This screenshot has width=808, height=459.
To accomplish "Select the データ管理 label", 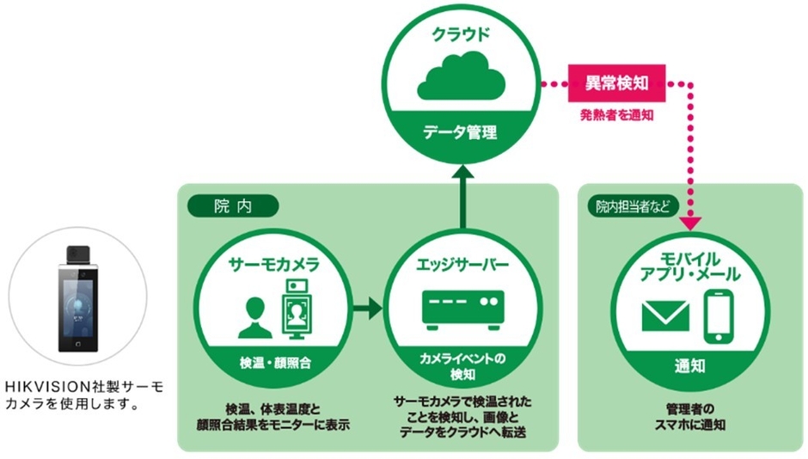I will (463, 132).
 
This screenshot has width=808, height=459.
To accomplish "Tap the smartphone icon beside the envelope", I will (719, 315).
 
